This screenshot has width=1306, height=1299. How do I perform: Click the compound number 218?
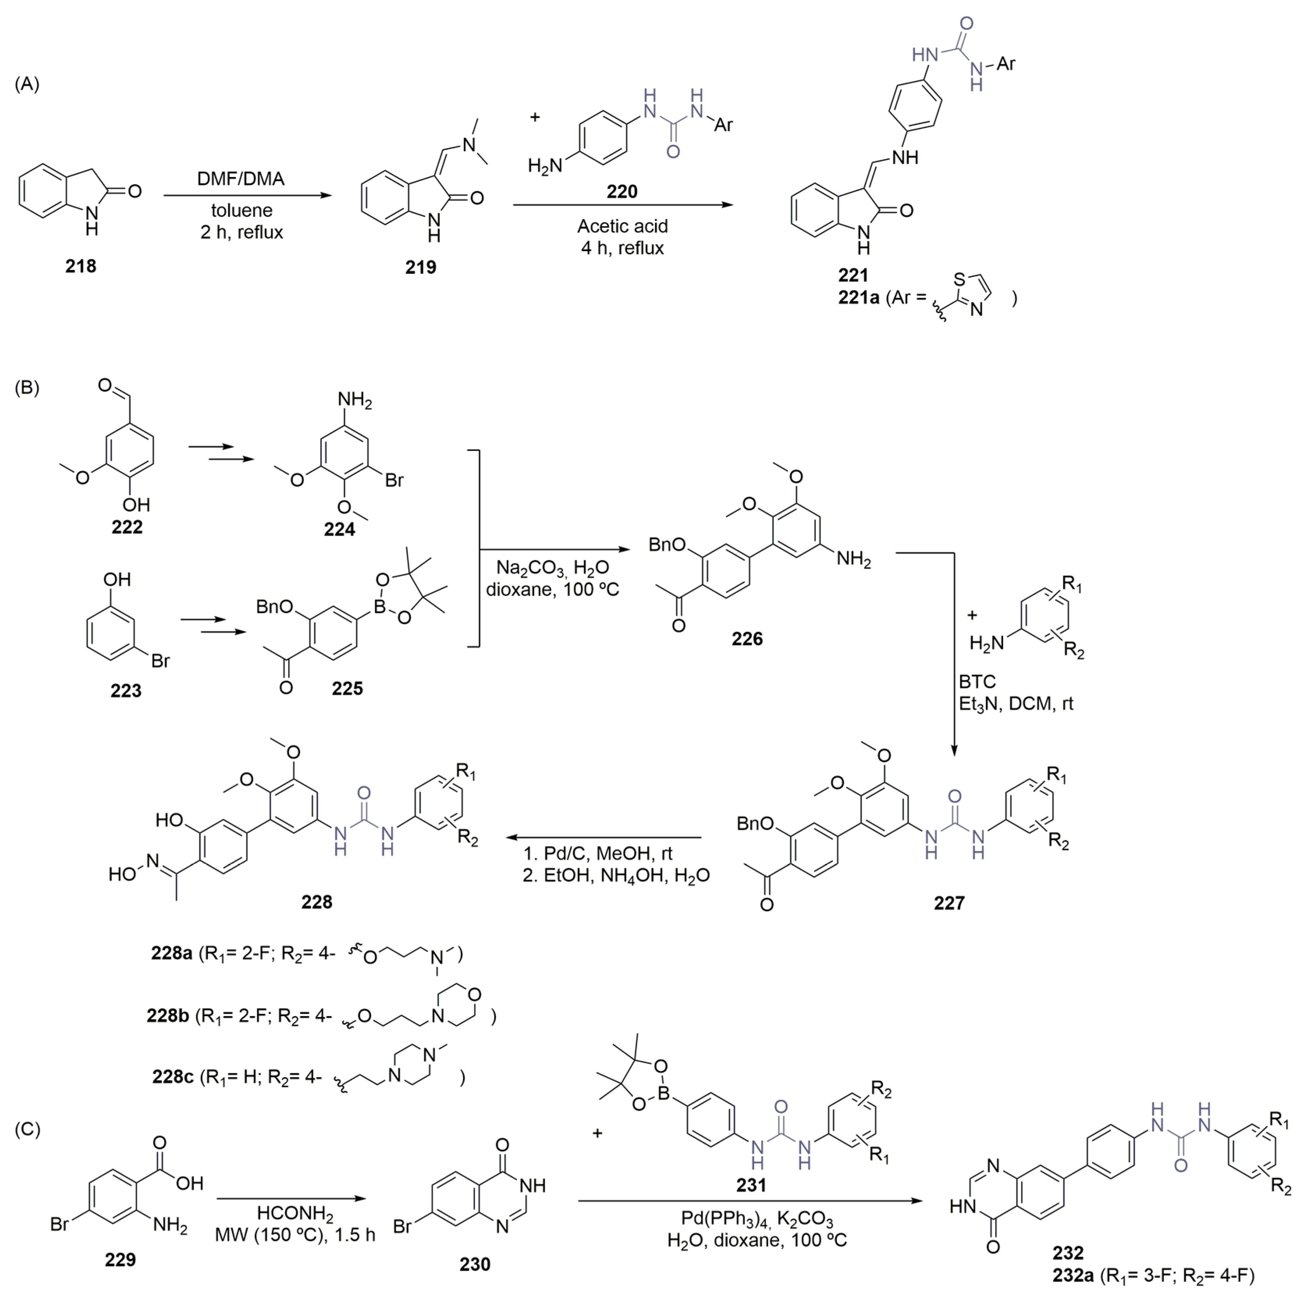(x=80, y=266)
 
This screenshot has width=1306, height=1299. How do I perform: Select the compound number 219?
(x=421, y=268)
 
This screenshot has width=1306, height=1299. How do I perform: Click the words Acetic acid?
(x=622, y=226)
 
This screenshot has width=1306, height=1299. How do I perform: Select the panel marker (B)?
(x=27, y=387)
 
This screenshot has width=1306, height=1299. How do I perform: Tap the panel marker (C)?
(x=27, y=1129)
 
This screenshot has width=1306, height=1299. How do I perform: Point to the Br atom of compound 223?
(x=160, y=660)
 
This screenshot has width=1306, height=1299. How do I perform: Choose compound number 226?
(x=747, y=639)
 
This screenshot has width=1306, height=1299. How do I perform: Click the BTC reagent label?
(x=977, y=681)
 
